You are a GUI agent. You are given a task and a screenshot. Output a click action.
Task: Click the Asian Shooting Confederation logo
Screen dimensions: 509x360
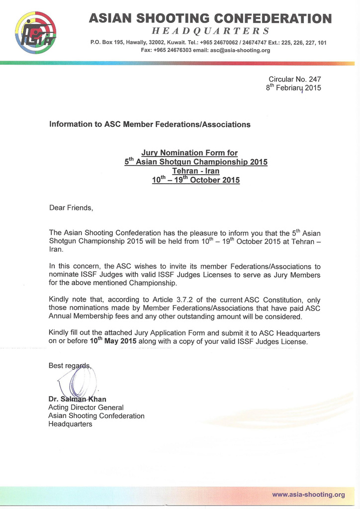click(35, 33)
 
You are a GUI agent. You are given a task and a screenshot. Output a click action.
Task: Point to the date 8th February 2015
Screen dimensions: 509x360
click(293, 88)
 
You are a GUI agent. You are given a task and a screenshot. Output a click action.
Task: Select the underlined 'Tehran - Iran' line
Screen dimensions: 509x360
click(195, 171)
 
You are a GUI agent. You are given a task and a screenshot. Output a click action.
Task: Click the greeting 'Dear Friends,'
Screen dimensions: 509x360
click(71, 207)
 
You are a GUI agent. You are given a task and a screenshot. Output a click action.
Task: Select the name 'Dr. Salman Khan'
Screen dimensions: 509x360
click(77, 399)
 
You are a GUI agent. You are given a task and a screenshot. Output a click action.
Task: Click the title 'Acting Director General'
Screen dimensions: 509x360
click(86, 407)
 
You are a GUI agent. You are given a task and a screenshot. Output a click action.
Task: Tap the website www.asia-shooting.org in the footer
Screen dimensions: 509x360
click(308, 495)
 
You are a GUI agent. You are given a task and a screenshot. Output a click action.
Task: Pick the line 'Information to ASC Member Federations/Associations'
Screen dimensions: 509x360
click(150, 124)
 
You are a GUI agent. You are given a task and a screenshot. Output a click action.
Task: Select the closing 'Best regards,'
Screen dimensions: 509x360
click(70, 366)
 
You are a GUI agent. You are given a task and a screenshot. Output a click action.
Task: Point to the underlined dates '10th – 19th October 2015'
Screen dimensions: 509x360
click(195, 180)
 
